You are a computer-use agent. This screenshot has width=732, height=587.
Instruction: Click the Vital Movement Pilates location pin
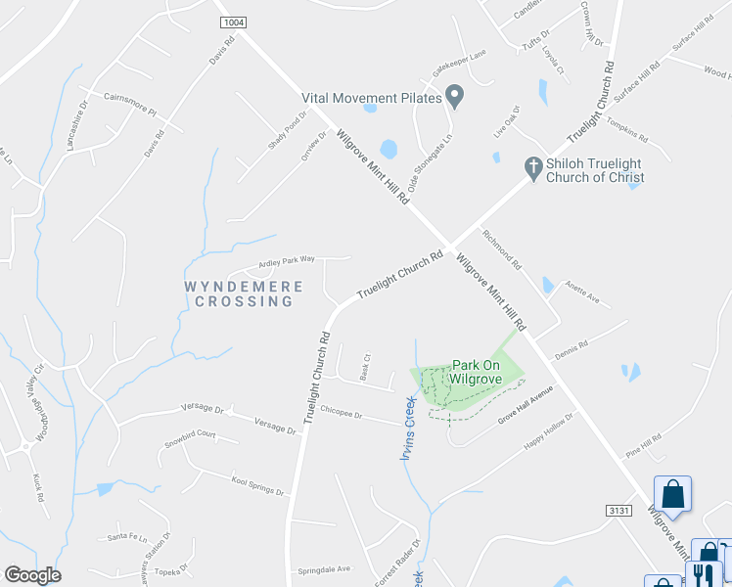pyautogui.click(x=454, y=95)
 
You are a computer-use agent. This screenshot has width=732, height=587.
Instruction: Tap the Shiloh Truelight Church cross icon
pyautogui.click(x=533, y=168)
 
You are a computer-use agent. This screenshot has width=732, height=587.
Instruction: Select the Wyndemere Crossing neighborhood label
pyautogui.click(x=239, y=293)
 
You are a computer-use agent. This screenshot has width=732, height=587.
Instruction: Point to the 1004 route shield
pyautogui.click(x=234, y=22)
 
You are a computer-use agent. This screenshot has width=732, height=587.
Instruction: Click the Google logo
pyautogui.click(x=32, y=574)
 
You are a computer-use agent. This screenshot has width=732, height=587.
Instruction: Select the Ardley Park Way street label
pyautogui.click(x=287, y=261)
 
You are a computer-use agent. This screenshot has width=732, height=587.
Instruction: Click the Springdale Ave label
pyautogui.click(x=324, y=568)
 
